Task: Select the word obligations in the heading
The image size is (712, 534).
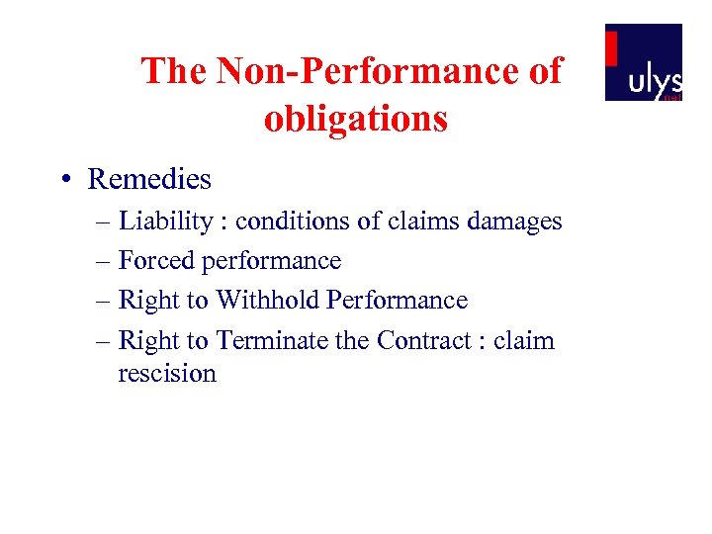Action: point(356,119)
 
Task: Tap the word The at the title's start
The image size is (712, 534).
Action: point(172,71)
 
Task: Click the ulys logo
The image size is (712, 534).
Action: point(644,62)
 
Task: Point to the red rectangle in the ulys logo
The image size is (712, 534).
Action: point(612,48)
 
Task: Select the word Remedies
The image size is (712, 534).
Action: point(149,179)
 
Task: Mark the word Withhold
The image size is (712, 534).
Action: point(268,301)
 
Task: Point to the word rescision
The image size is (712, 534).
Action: point(167,373)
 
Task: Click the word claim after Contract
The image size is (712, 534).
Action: point(524,340)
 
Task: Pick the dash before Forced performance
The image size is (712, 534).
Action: point(105,261)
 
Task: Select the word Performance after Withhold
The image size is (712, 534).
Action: point(397,301)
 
